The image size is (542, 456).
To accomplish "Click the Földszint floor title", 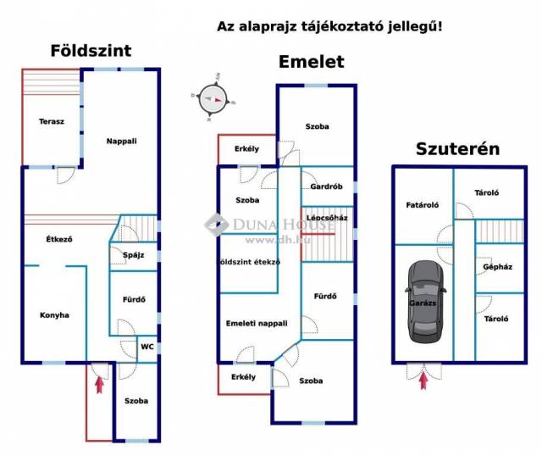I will [91, 51].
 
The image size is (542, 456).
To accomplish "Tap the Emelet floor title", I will [312, 62].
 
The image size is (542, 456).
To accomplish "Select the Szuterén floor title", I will [457, 150].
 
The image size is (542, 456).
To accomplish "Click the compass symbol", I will [213, 99].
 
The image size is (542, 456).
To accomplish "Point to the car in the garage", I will [423, 303].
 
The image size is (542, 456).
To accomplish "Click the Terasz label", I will [52, 122].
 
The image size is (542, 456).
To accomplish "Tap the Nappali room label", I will [121, 141].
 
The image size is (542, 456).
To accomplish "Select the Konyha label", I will [54, 315].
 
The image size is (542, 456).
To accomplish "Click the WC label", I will [147, 347].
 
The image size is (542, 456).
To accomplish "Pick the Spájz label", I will [133, 255].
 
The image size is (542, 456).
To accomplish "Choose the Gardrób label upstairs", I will [326, 187].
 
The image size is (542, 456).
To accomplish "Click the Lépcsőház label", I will [328, 218].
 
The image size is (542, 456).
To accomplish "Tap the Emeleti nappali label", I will [257, 323].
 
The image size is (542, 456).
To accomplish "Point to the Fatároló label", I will [422, 204].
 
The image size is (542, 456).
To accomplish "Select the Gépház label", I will [495, 266].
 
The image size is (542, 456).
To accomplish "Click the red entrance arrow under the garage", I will [423, 372].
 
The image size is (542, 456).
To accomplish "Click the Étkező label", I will [58, 239].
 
